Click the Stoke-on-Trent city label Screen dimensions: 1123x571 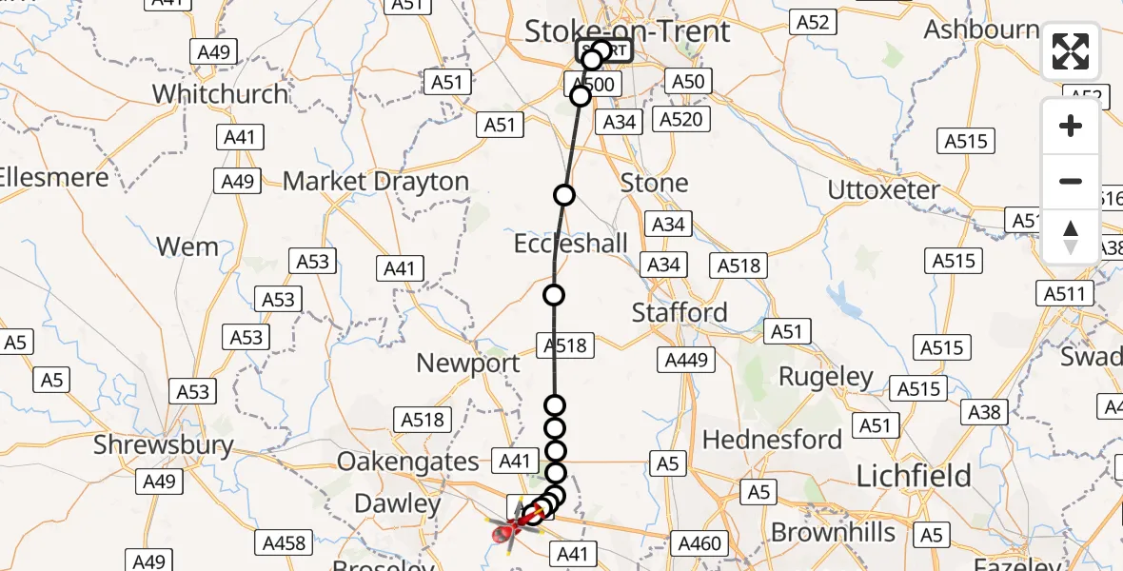click(x=627, y=30)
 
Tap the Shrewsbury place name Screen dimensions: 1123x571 click(x=164, y=444)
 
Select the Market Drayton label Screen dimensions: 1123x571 click(x=376, y=181)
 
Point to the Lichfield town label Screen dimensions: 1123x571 click(x=914, y=476)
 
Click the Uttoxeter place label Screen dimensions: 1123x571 click(x=883, y=189)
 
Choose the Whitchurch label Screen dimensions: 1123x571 click(x=220, y=94)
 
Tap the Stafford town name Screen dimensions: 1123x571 click(x=680, y=312)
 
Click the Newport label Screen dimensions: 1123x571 click(x=468, y=363)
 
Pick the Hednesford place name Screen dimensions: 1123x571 click(x=772, y=440)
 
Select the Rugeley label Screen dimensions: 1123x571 click(x=826, y=377)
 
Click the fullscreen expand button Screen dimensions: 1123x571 click(x=1071, y=51)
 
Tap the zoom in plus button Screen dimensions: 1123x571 click(x=1071, y=126)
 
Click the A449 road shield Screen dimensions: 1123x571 click(x=686, y=360)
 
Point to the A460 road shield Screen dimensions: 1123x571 click(x=699, y=543)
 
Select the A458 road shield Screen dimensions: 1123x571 click(x=284, y=543)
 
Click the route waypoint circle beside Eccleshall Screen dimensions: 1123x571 click(x=554, y=295)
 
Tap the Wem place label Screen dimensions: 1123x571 click(x=187, y=246)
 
